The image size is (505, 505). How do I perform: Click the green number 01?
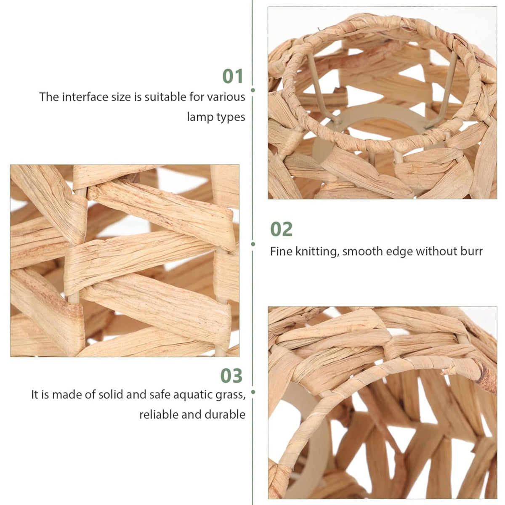[x=233, y=76]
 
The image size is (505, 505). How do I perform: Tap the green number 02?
[x=281, y=229]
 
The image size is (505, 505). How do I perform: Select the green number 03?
[x=231, y=375]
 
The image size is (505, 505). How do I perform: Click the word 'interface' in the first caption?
[x=81, y=97]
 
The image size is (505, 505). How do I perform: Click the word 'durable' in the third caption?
[x=225, y=415]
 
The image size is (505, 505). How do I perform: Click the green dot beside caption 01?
[x=253, y=90]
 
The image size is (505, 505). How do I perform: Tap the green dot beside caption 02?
[x=253, y=244]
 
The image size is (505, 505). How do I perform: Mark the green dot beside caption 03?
[x=253, y=392]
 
